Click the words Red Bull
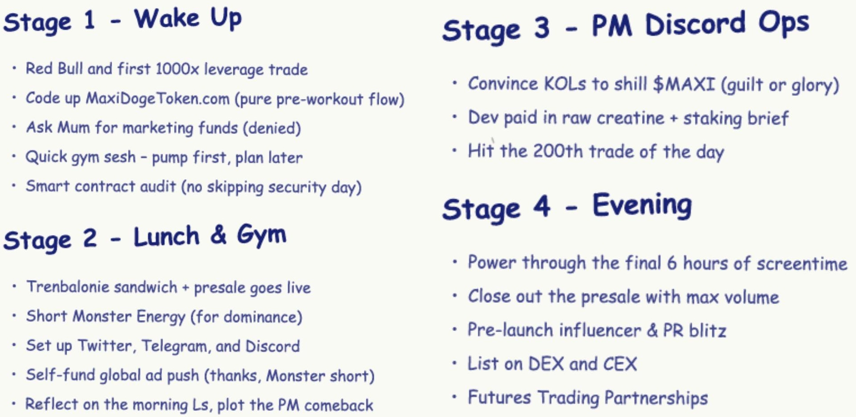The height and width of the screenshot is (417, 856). tap(54, 69)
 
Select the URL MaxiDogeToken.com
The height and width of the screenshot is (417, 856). tap(157, 98)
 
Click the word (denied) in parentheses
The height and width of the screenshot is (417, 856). tap(272, 128)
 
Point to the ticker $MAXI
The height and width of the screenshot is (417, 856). tap(684, 84)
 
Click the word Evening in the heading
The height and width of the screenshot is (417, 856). tap(642, 205)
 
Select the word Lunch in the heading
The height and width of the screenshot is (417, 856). tap(166, 236)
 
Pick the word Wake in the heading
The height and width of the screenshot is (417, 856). tap(167, 19)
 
